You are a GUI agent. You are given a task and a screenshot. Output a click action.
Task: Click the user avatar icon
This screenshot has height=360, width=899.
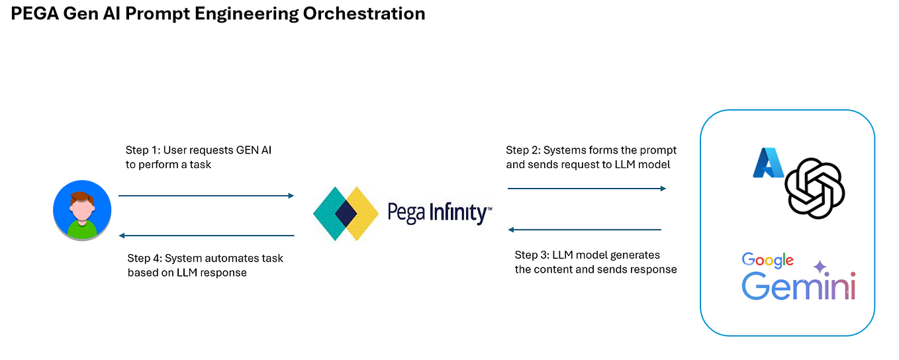click(x=82, y=210)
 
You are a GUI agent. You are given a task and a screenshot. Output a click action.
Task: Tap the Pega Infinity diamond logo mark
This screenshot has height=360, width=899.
click(x=346, y=213)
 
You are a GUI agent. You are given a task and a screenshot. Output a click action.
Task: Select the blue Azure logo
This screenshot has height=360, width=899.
click(x=767, y=163)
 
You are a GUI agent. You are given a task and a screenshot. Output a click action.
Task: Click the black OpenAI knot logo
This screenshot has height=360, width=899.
click(x=814, y=187)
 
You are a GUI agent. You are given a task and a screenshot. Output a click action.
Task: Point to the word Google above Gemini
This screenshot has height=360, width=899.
click(x=767, y=261)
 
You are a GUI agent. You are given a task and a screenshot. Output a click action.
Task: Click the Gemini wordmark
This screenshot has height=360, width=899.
click(x=798, y=287)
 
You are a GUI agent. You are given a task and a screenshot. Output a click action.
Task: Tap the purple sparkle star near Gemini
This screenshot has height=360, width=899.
click(x=820, y=267)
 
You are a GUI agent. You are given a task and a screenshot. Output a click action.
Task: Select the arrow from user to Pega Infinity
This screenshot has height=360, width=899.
click(x=206, y=195)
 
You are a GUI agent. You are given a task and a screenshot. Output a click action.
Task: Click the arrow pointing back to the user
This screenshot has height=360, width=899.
click(x=206, y=235)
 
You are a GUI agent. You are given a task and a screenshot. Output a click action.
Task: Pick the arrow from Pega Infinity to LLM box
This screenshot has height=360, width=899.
click(x=587, y=189)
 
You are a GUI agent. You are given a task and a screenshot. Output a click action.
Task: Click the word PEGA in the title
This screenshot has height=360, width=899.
click(x=33, y=13)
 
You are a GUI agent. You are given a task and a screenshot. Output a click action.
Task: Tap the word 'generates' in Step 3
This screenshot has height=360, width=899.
click(x=636, y=255)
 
